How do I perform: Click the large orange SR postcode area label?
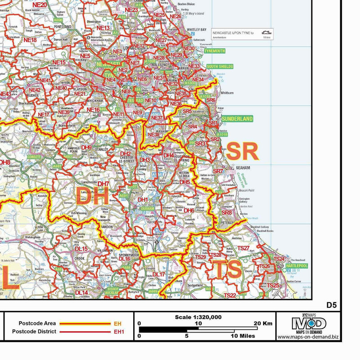(x=242, y=152)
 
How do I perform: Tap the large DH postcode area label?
(x=92, y=196)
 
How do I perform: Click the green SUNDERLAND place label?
(x=237, y=119)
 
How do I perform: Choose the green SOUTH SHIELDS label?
(x=220, y=66)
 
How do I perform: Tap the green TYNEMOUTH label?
(x=214, y=51)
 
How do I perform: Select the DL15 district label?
(x=81, y=248)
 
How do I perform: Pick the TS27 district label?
(x=243, y=248)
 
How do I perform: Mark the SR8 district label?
(x=227, y=212)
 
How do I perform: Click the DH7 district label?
(x=103, y=184)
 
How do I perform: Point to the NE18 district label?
(x=31, y=40)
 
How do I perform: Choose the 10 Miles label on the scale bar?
(x=243, y=336)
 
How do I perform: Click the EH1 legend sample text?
(x=118, y=332)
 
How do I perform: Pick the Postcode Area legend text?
(x=37, y=323)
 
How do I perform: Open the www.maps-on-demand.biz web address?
(x=309, y=337)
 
